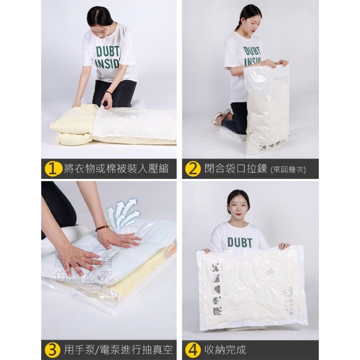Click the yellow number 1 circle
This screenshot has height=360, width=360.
pyautogui.click(x=53, y=169)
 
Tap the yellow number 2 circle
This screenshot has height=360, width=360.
pyautogui.click(x=193, y=169)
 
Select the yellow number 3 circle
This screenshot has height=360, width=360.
pyautogui.click(x=53, y=349)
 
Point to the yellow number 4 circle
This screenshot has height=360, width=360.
pyautogui.click(x=193, y=349)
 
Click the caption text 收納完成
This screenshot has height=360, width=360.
pyautogui.click(x=225, y=349)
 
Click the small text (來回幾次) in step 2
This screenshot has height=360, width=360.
pyautogui.click(x=288, y=170)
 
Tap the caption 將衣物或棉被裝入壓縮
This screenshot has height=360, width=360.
pyautogui.click(x=116, y=169)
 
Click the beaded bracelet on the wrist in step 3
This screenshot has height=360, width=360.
pyautogui.click(x=102, y=228)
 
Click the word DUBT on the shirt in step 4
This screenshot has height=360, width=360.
pyautogui.click(x=239, y=242)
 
